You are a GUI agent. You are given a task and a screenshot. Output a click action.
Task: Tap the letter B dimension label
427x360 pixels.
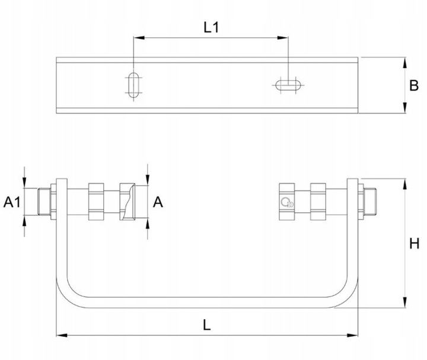tap(415, 86)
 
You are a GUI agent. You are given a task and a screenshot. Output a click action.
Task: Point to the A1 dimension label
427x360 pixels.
tap(12, 203)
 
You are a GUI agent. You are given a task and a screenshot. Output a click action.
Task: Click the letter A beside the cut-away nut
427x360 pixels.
tap(158, 203)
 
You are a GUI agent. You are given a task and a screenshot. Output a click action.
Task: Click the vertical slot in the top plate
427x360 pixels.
tap(133, 84)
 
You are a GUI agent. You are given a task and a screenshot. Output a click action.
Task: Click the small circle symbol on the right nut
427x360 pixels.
tap(286, 203)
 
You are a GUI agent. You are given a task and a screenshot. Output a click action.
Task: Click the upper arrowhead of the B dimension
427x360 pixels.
tap(404, 61)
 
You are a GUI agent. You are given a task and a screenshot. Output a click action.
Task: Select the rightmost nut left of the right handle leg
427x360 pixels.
tap(318, 202)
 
